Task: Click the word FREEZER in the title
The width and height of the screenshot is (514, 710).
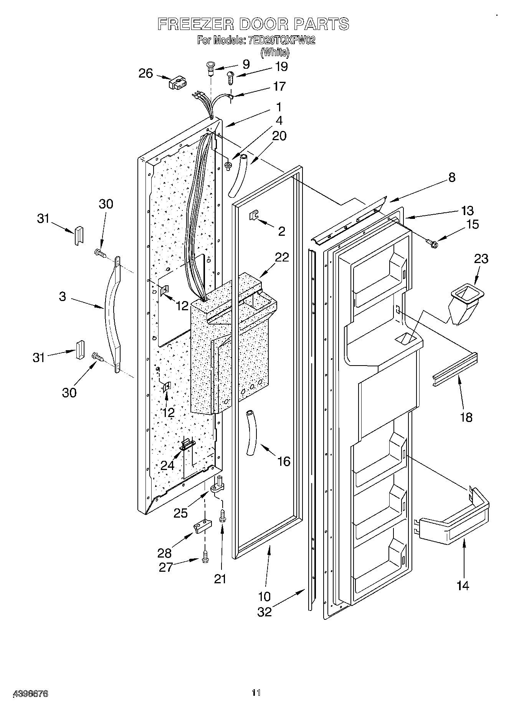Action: point(196,24)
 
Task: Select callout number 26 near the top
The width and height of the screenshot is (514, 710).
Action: point(145,73)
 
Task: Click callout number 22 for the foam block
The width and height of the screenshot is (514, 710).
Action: point(281,257)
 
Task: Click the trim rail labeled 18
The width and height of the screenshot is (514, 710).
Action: point(455,369)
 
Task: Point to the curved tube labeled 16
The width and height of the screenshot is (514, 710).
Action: point(250,432)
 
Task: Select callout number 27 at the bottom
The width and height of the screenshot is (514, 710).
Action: point(166,568)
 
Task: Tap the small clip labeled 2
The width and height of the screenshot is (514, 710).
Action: point(254,215)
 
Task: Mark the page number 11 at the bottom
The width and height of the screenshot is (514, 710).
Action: point(256,693)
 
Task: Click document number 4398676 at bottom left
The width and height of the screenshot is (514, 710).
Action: point(31,693)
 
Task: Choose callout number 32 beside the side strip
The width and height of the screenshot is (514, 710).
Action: point(264,611)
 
